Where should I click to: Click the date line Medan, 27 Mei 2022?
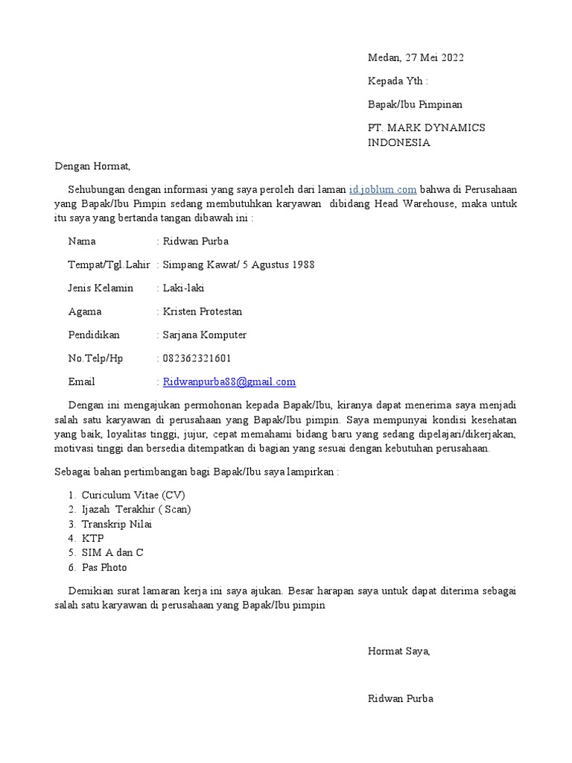416,58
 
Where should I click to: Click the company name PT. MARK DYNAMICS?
426,127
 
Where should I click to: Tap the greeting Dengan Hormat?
92,166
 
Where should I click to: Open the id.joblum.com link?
382,189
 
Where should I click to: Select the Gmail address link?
229,381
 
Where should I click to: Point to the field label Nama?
82,241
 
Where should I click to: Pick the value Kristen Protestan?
202,311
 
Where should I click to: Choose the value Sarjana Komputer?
204,335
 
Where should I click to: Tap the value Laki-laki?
183,288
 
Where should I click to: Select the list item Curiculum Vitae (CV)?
133,495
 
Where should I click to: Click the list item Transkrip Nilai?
117,524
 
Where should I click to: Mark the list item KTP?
93,538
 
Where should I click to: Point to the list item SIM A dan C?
112,553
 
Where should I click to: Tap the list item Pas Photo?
104,568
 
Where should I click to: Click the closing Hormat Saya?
398,651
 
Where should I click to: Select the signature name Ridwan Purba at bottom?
400,699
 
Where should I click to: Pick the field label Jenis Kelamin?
101,288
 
